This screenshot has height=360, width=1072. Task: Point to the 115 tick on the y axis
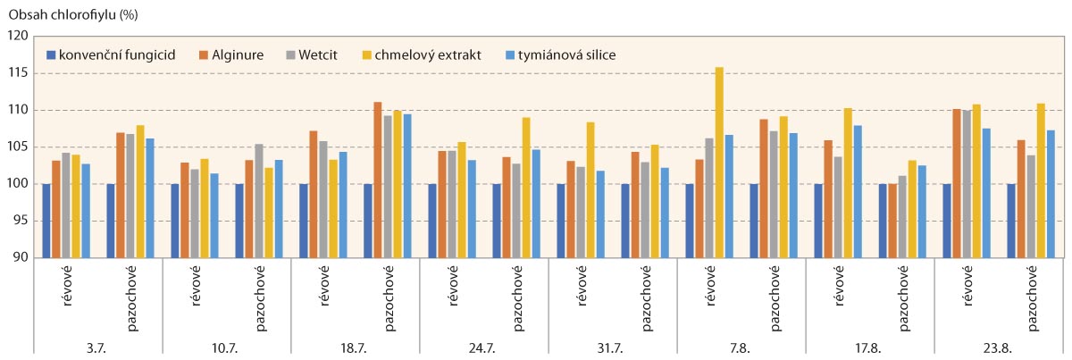(x=19, y=73)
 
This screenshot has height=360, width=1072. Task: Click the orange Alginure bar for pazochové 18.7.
(x=377, y=180)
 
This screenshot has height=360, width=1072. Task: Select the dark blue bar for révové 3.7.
(x=46, y=221)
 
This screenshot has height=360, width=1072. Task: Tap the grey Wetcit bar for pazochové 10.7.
(x=259, y=201)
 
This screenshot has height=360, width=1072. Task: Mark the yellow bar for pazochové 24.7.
(x=526, y=188)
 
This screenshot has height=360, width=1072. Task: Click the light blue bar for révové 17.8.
(x=858, y=191)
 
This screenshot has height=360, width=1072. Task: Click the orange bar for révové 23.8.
(x=955, y=183)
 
